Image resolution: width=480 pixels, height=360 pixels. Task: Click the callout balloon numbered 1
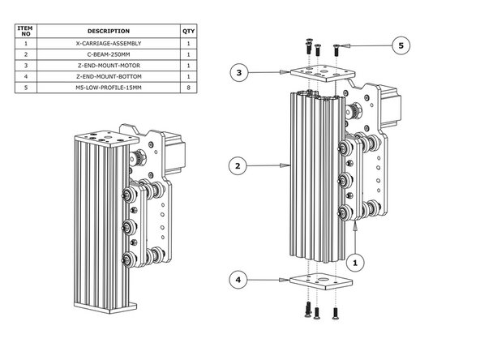[x=355, y=263]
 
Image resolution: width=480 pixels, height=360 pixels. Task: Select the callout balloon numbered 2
[x=237, y=166]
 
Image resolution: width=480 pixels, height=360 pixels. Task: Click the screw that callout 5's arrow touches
[x=336, y=45]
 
